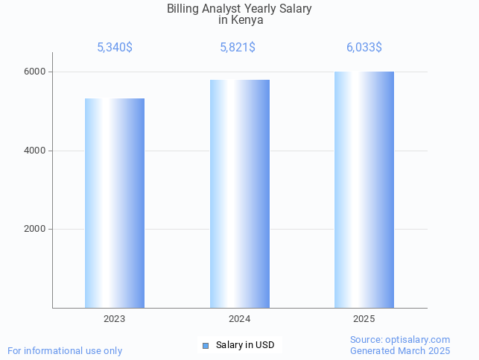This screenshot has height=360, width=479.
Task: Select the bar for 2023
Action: click(114, 203)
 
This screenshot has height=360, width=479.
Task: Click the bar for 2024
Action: click(239, 194)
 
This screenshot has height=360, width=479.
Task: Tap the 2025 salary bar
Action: click(364, 189)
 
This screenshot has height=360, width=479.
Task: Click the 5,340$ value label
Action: click(115, 48)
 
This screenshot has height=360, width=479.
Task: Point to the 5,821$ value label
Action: click(238, 48)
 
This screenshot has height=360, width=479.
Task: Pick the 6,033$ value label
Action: click(364, 48)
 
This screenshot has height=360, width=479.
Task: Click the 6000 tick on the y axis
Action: click(36, 72)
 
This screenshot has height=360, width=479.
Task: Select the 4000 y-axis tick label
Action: click(36, 151)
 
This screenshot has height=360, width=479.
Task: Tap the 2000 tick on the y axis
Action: click(36, 230)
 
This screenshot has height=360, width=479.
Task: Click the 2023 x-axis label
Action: click(114, 319)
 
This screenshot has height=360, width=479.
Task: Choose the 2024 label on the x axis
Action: click(239, 319)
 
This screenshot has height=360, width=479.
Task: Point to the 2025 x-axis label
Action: click(364, 319)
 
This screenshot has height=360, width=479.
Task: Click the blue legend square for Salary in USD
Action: click(206, 345)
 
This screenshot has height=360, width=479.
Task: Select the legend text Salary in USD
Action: click(245, 345)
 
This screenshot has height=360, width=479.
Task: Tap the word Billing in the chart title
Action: click(183, 9)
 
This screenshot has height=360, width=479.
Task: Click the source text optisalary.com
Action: click(417, 340)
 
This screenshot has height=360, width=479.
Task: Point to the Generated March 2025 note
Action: click(400, 350)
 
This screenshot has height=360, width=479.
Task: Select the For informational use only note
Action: click(65, 350)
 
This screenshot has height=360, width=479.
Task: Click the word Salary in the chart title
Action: click(294, 9)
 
